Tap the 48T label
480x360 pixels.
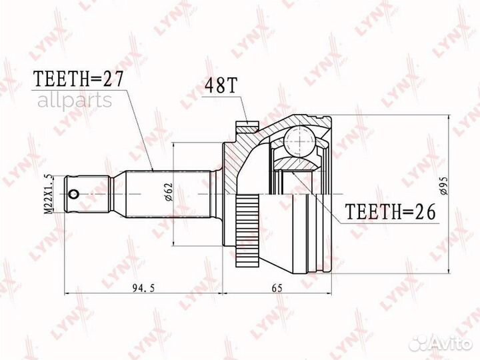pos(219,87)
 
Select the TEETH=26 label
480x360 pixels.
pos(390,212)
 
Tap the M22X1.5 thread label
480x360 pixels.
pos(47,193)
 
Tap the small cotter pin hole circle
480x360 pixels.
pos(73,195)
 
